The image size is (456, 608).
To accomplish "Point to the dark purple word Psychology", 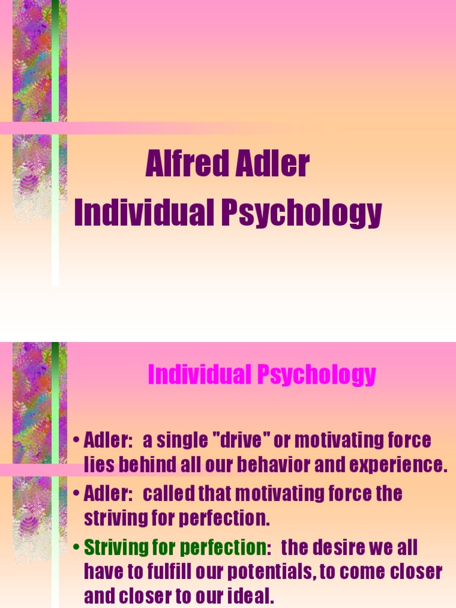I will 301,214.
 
